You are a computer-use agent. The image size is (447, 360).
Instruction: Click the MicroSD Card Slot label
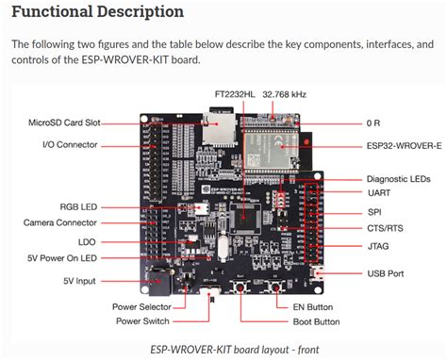tap(64, 123)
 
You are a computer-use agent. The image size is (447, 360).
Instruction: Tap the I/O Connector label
tap(70, 145)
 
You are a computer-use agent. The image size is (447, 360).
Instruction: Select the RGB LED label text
tap(78, 207)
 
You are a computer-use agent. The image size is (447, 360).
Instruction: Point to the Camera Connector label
tap(60, 222)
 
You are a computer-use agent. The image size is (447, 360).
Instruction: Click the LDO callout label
tap(87, 242)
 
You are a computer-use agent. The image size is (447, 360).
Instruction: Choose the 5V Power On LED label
tap(62, 258)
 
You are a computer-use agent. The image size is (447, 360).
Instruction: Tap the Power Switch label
tap(142, 321)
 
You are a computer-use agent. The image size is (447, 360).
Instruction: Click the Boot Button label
tap(316, 321)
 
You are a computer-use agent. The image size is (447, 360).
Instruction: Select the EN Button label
tap(313, 307)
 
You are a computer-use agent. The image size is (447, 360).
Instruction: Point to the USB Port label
tap(386, 273)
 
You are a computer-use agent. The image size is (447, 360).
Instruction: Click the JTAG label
tap(378, 246)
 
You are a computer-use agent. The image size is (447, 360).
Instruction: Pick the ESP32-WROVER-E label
tap(405, 146)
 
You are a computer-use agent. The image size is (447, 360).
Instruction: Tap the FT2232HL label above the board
tap(235, 94)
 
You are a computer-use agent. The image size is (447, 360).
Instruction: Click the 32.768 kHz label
tap(284, 94)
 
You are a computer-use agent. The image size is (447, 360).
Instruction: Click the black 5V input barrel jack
tap(160, 281)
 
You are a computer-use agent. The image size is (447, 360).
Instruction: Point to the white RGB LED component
tap(202, 208)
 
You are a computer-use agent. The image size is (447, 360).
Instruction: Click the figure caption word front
tap(308, 350)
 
